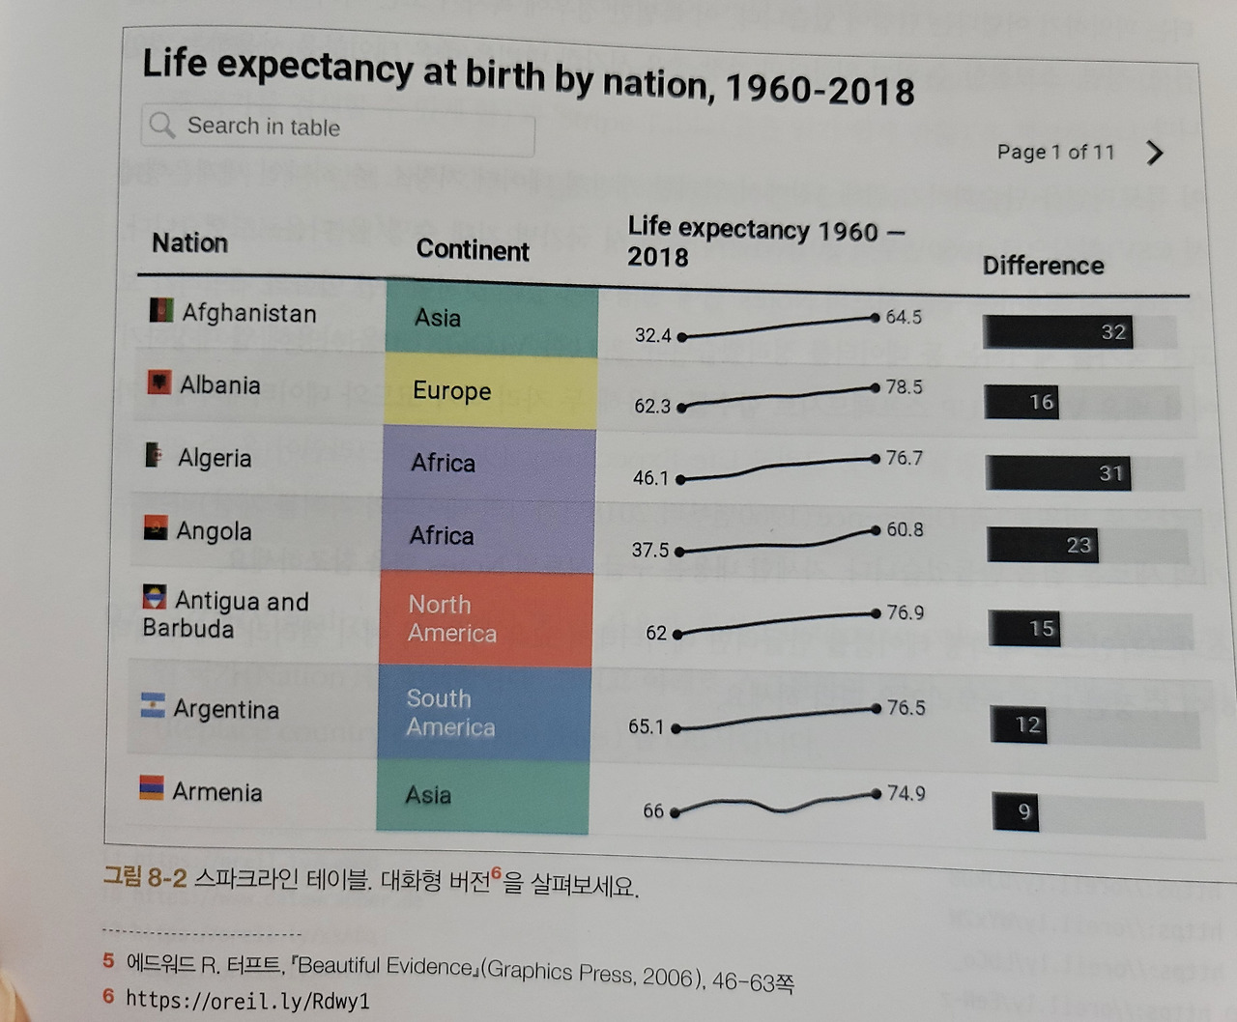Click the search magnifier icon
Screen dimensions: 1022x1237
click(162, 125)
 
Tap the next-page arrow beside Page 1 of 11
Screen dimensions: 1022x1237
click(1155, 153)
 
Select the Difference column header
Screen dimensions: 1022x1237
click(1043, 266)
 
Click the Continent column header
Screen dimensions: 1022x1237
click(473, 250)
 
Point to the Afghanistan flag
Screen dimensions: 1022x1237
click(161, 310)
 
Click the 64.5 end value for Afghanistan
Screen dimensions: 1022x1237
click(904, 317)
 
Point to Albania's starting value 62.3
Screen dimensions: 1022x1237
click(652, 407)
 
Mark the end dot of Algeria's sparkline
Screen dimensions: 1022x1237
click(876, 459)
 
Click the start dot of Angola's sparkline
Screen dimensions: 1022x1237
click(679, 552)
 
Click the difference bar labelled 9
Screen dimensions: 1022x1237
click(1015, 811)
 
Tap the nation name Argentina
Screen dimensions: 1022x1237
click(226, 710)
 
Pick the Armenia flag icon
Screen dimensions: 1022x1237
click(152, 788)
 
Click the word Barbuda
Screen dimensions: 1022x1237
click(188, 629)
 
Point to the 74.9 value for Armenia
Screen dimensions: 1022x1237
click(906, 794)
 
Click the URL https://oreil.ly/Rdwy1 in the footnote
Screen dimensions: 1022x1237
click(247, 1001)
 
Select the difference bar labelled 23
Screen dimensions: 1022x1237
click(1043, 546)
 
